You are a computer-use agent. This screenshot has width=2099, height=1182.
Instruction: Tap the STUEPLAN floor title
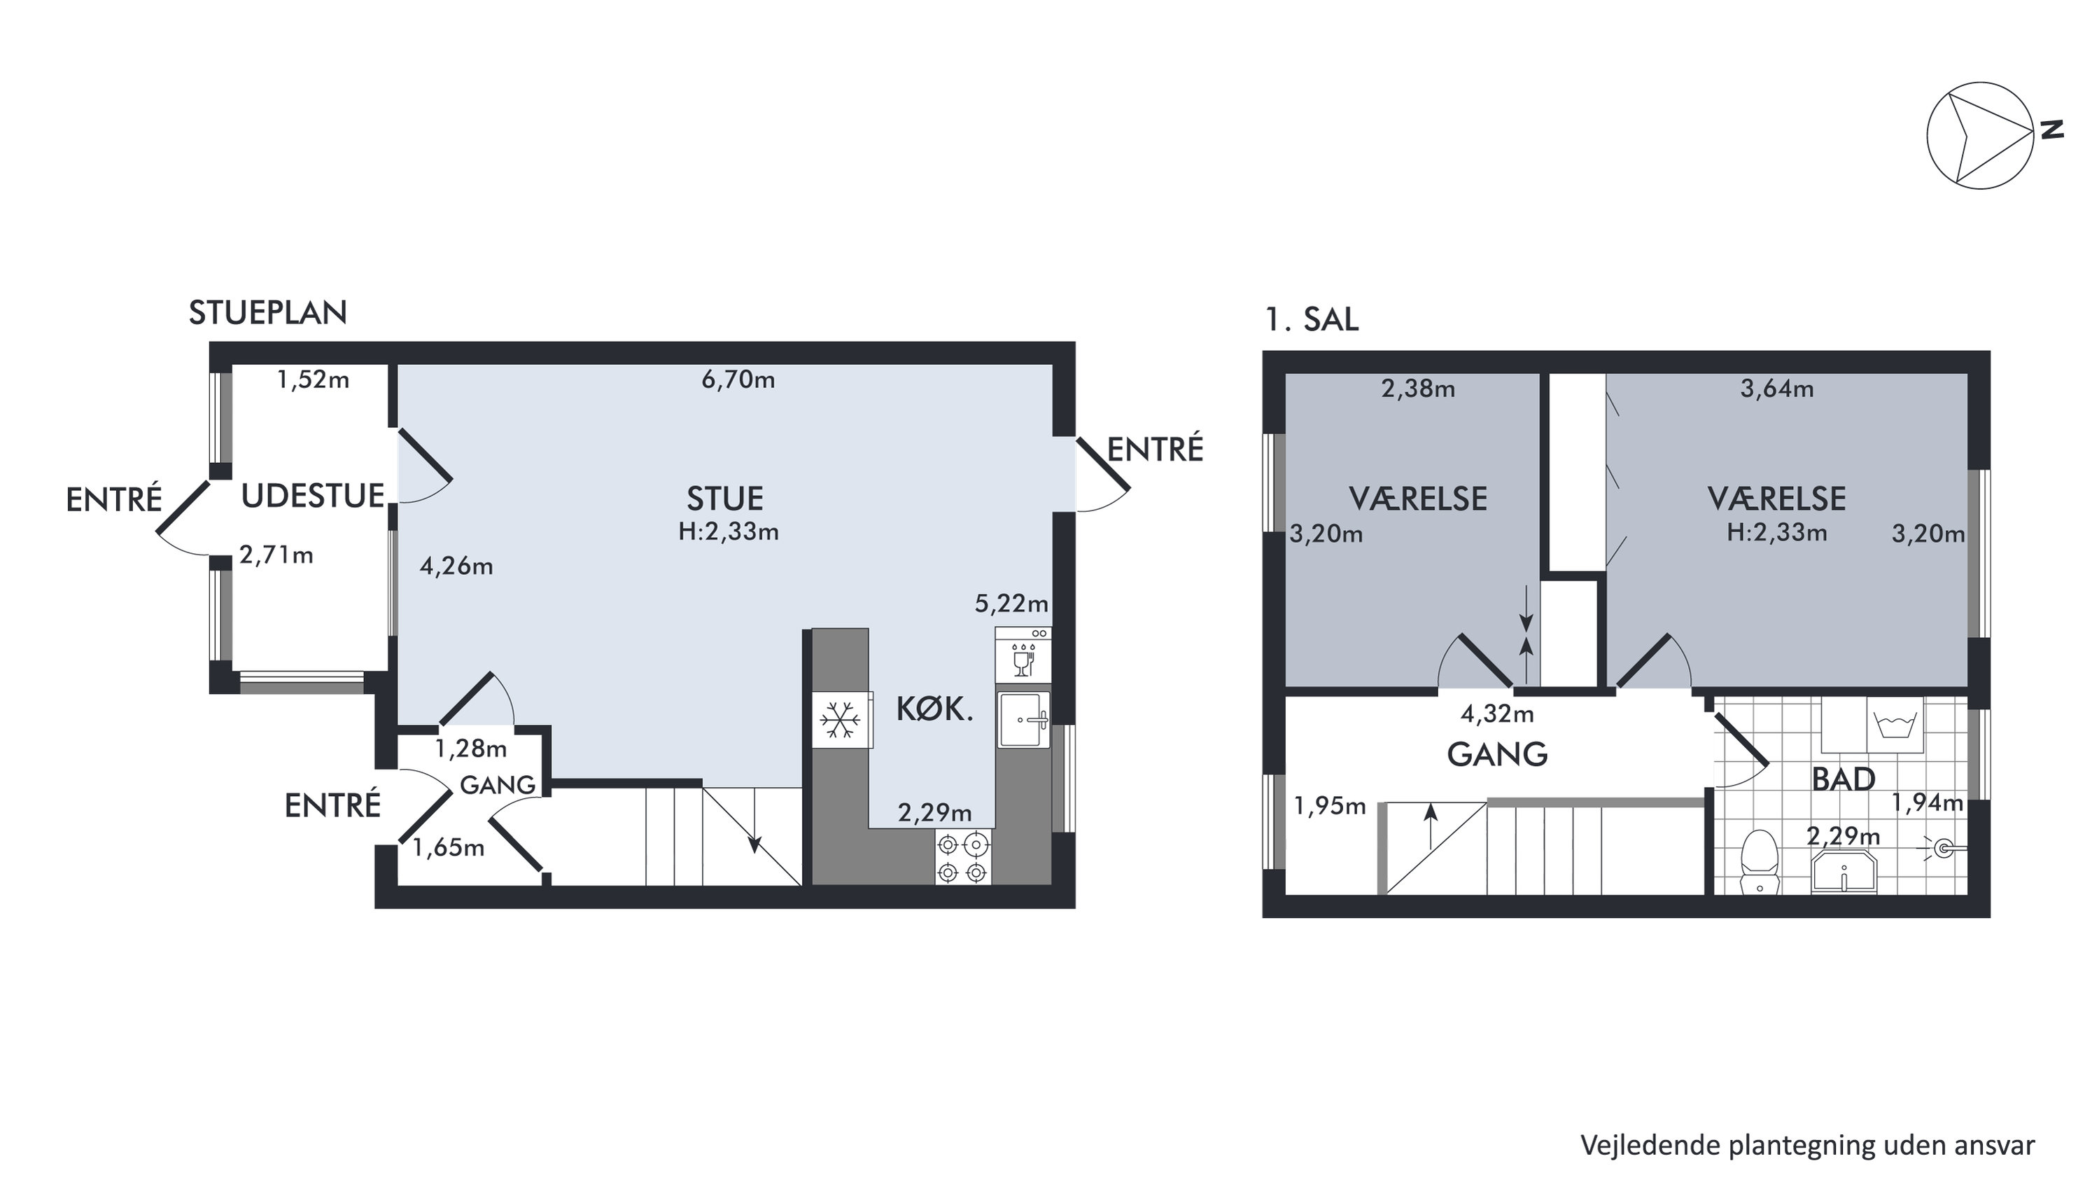click(268, 313)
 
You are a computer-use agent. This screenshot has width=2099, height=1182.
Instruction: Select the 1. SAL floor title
click(1312, 319)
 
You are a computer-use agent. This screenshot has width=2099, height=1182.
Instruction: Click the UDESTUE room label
click(313, 496)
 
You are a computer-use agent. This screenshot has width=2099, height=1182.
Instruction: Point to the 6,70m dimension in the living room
click(738, 380)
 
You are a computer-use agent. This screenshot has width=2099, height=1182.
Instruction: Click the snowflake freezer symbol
click(840, 721)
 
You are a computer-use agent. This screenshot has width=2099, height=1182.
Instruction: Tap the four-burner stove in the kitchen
click(963, 857)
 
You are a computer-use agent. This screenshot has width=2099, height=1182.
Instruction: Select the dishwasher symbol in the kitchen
click(1023, 654)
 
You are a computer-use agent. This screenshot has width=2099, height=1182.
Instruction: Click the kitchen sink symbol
click(1023, 719)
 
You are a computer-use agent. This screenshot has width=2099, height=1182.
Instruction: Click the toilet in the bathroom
click(1757, 861)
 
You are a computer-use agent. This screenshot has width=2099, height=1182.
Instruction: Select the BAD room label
click(1843, 780)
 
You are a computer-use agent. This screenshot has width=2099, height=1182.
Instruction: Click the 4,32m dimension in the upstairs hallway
click(1497, 714)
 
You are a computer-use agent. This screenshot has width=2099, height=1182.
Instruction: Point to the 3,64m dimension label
click(1777, 389)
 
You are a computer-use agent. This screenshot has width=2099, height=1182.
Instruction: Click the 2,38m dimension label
click(1418, 389)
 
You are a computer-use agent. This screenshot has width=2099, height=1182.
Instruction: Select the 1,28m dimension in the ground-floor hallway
click(470, 749)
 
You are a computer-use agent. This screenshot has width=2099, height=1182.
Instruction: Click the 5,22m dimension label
click(1011, 604)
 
